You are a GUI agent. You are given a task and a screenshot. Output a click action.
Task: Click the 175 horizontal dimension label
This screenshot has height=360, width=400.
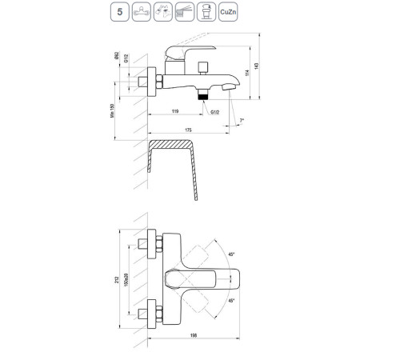coord(189,130)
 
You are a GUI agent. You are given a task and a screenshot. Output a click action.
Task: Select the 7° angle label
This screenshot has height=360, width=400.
coord(242,120)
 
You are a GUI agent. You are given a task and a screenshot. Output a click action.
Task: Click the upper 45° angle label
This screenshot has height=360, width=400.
coord(231,254)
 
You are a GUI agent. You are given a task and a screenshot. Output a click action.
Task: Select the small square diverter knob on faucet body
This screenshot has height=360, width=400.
coord(205,64)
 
